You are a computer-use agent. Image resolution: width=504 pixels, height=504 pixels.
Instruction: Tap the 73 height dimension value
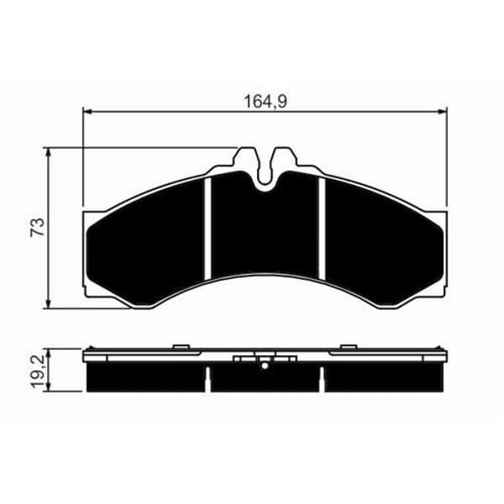pos(37,228)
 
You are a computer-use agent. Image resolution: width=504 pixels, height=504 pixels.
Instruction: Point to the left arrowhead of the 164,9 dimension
pos(87,111)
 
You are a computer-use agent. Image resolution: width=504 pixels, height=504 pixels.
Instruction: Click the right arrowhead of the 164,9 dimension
pos(444,111)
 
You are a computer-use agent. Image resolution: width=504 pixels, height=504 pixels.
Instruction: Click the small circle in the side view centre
pos(265,365)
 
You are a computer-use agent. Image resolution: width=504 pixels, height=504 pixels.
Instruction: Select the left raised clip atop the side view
pos(180,345)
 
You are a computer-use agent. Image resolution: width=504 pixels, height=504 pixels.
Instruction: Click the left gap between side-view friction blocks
pos(206,378)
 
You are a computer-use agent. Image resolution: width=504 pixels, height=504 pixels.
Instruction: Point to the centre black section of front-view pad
pos(265,235)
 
